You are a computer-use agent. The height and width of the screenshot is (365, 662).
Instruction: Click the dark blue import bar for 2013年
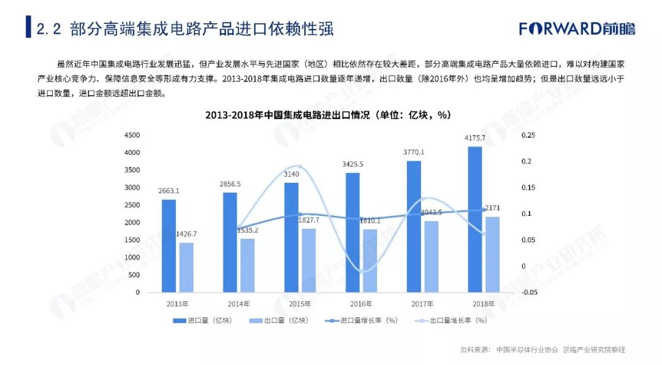(x=169, y=245)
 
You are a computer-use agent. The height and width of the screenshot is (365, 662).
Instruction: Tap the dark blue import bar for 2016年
(x=352, y=233)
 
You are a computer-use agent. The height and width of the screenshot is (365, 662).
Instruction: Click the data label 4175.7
(x=475, y=137)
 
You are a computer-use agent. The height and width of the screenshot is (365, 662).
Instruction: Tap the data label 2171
(x=492, y=209)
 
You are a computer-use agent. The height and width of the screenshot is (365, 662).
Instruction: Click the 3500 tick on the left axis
(x=132, y=170)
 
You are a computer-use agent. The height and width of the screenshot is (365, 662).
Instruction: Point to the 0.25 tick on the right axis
(x=528, y=135)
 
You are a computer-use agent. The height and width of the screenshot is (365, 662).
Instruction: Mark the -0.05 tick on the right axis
(x=528, y=293)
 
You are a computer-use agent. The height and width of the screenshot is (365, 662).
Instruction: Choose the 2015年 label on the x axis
(x=299, y=304)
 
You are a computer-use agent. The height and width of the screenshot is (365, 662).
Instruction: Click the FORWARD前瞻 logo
(x=577, y=28)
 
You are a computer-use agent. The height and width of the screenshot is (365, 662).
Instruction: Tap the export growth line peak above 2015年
(x=299, y=166)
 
